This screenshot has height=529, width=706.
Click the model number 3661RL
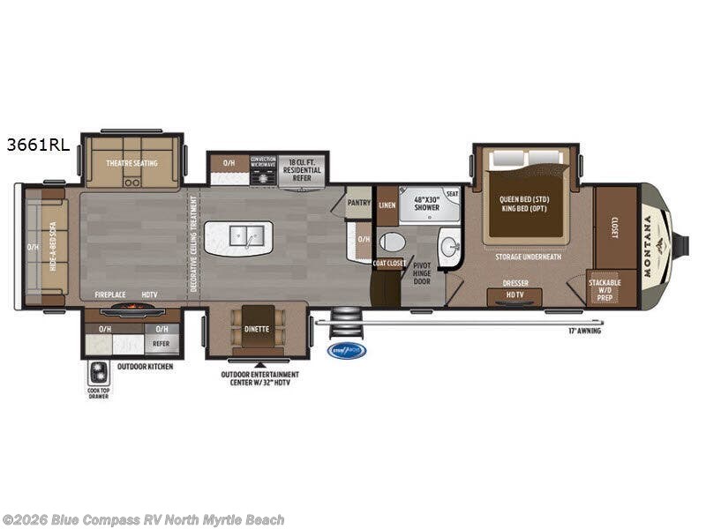[x=37, y=146]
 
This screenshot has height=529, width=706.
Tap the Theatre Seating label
[x=131, y=163]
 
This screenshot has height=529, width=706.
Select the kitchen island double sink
[x=239, y=236]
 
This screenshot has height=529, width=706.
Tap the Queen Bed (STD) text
[x=524, y=199]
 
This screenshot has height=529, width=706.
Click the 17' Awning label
[x=583, y=332]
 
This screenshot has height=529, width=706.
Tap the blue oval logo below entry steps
[x=346, y=350]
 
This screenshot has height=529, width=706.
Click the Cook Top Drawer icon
[x=98, y=371]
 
